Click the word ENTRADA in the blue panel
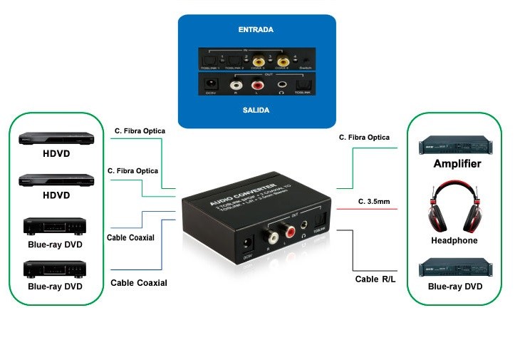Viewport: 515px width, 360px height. pos(256,30)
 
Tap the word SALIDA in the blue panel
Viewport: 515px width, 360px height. pos(256,110)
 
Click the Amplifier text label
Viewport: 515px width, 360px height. pos(457,164)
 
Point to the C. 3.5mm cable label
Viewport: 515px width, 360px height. pos(374,202)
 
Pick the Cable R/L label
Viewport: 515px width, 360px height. pos(375,279)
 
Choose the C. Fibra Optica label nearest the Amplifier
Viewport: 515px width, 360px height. pos(364,137)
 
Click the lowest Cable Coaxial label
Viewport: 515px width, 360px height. pos(139,283)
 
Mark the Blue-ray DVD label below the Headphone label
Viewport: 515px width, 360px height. pos(455,287)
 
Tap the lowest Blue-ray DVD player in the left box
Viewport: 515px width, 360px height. pos(55,269)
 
